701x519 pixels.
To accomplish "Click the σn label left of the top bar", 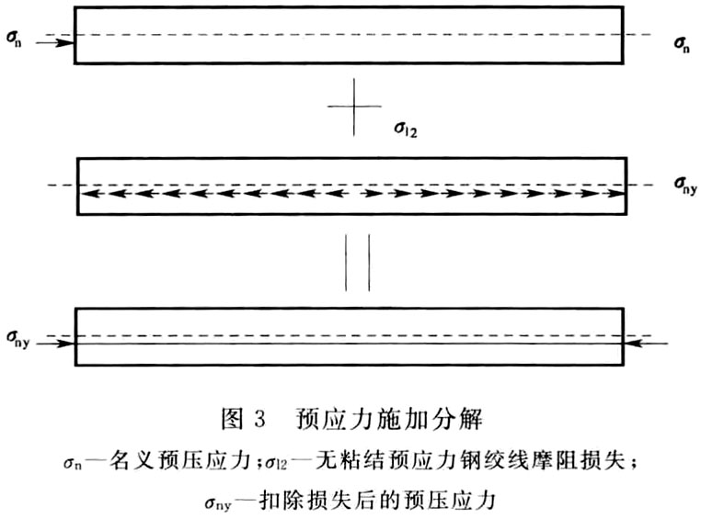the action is click(14, 39).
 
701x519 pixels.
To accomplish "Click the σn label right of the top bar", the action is click(682, 44).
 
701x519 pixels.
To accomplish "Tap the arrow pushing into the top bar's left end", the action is click(55, 43).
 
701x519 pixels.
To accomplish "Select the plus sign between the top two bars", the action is click(354, 107).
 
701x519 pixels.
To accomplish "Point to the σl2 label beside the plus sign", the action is click(406, 129).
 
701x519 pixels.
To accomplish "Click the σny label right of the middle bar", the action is click(685, 186).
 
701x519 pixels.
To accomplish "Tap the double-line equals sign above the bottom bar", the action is click(357, 263).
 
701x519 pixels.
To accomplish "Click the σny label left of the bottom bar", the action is click(17, 339).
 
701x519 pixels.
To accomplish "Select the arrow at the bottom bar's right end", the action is click(646, 344).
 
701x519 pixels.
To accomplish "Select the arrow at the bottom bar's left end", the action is click(55, 344).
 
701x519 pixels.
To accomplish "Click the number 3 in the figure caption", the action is click(259, 420).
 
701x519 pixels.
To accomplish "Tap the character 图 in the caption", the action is click(233, 420).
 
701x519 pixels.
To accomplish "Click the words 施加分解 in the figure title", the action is click(430, 420).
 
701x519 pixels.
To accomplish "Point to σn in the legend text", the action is click(73, 463).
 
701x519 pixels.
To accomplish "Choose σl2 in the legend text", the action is click(276, 463).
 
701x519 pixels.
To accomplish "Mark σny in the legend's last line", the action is click(218, 503).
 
